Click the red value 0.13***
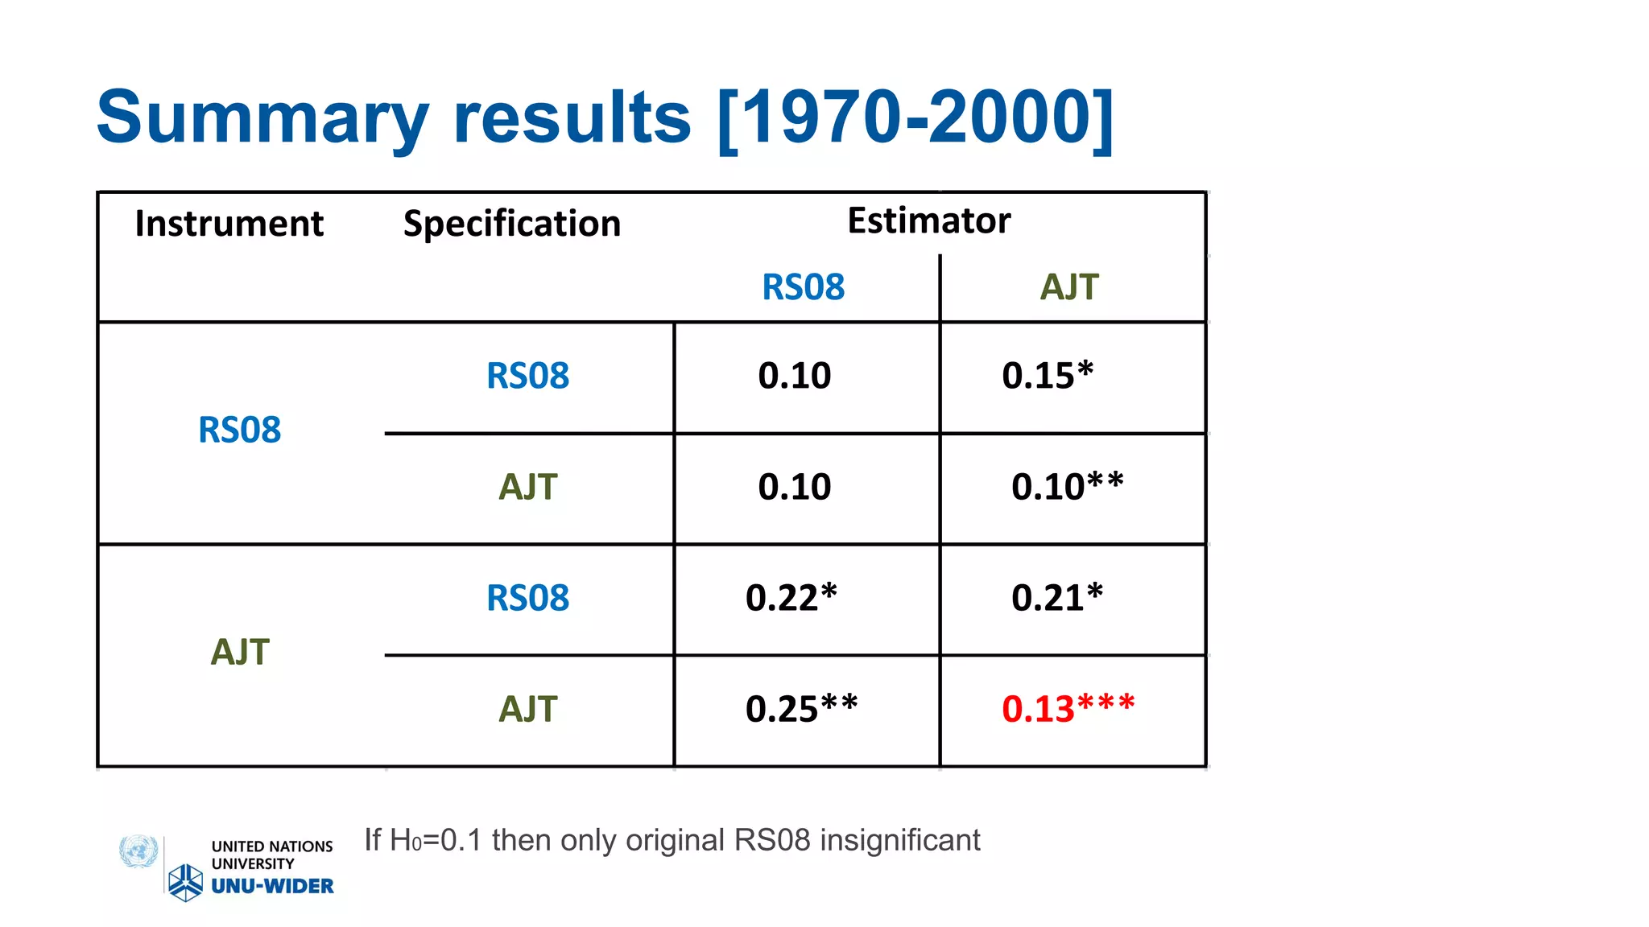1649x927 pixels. pos(1068,709)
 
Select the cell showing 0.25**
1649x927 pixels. pos(801,709)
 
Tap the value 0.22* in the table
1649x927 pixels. pos(791,598)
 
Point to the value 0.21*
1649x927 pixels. pos(1056,598)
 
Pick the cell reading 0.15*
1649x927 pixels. pos(1047,376)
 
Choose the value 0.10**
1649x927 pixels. pos(1067,487)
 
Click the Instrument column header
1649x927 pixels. pos(229,224)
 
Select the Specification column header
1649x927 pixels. pos(512,224)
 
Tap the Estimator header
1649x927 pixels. pos(928,220)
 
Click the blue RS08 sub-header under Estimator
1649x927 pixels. pos(803,287)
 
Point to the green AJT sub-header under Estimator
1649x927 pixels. pos(1068,287)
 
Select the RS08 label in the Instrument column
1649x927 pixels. pos(239,431)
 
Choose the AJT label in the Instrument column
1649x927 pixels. pos(239,653)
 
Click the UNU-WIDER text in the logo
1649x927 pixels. pos(272,886)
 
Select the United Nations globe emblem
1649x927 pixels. pos(138,851)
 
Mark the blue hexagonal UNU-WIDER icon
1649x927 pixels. pos(185,883)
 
